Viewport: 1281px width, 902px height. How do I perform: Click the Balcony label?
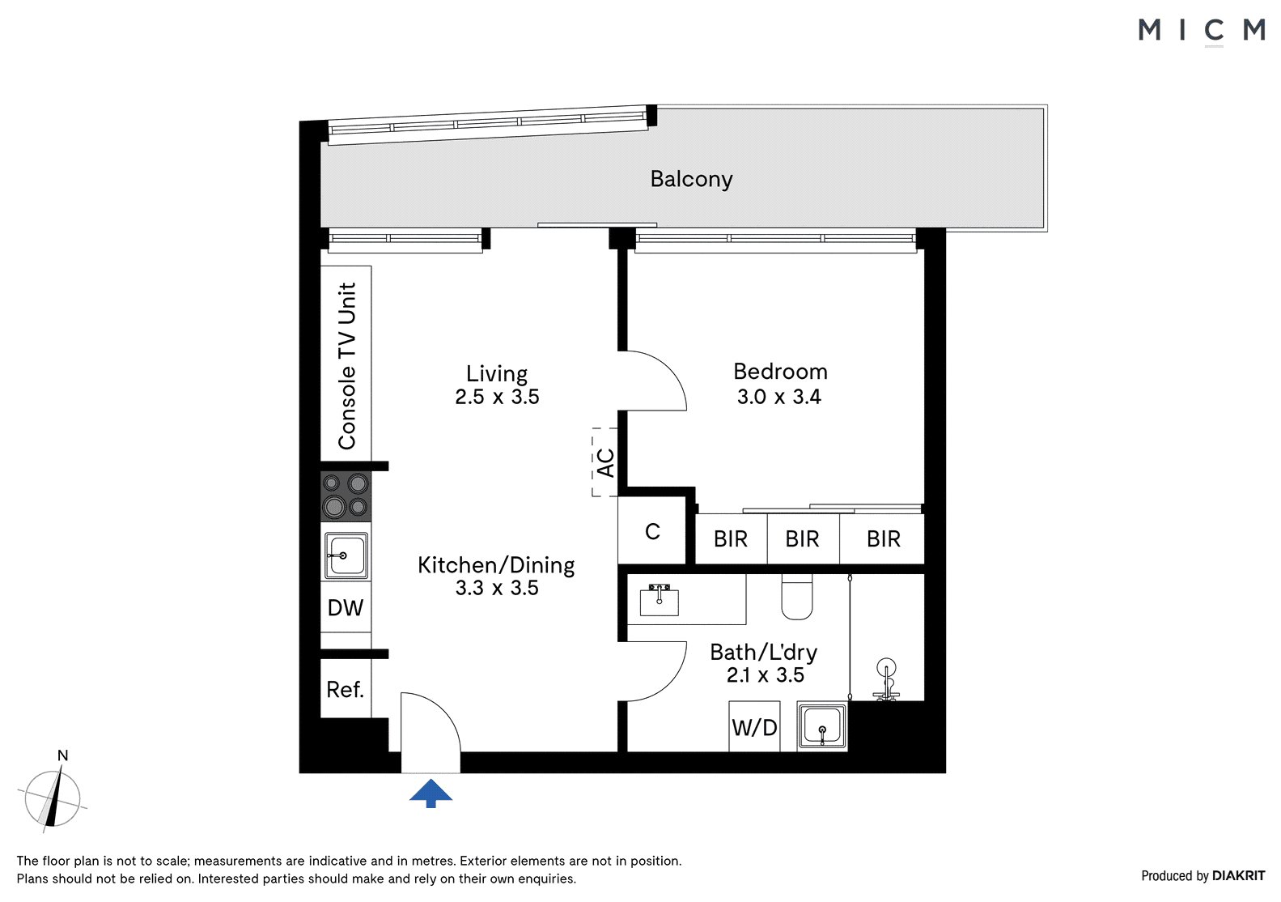pyautogui.click(x=691, y=179)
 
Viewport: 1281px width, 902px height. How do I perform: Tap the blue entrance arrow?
pyautogui.click(x=431, y=793)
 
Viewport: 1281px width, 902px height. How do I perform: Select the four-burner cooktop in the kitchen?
pyautogui.click(x=346, y=496)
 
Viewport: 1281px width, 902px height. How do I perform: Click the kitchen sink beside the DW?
pyautogui.click(x=346, y=555)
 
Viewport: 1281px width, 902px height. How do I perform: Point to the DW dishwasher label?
pyautogui.click(x=346, y=607)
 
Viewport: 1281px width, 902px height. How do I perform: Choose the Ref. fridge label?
pyautogui.click(x=345, y=689)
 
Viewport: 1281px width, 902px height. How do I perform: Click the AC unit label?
pyautogui.click(x=605, y=462)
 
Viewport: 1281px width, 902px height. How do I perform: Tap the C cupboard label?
pyautogui.click(x=652, y=532)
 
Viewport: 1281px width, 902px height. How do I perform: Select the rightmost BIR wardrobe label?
pyautogui.click(x=884, y=538)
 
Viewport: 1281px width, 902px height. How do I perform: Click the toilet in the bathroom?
pyautogui.click(x=796, y=597)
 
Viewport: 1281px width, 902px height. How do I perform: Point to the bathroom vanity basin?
pyautogui.click(x=660, y=600)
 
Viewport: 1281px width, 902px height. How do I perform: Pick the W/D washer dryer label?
pyautogui.click(x=754, y=727)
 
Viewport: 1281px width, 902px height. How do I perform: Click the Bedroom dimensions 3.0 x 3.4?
pyautogui.click(x=779, y=397)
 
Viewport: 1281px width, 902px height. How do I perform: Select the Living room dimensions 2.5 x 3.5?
pyautogui.click(x=497, y=397)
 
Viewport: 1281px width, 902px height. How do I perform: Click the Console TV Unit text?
pyautogui.click(x=346, y=366)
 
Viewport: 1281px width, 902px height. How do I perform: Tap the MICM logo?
pyautogui.click(x=1202, y=30)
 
